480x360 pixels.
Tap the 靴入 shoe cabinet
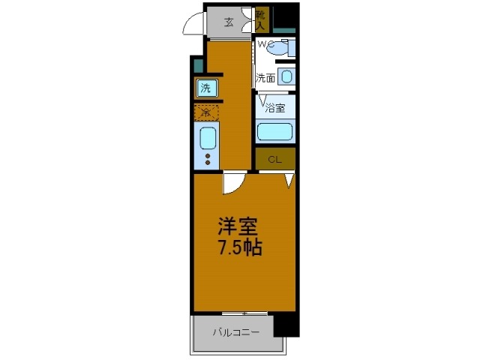click(x=260, y=19)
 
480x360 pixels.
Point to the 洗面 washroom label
click(x=265, y=77)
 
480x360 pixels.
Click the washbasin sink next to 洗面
click(x=286, y=76)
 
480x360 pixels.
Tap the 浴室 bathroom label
click(x=275, y=107)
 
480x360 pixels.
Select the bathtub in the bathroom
click(x=274, y=132)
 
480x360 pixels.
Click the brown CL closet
click(x=274, y=159)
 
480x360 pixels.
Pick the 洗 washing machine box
click(x=205, y=88)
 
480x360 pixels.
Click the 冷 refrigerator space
click(x=206, y=113)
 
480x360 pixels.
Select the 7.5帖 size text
click(x=239, y=248)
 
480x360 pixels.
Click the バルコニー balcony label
click(x=235, y=331)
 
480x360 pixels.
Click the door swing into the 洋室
click(x=233, y=182)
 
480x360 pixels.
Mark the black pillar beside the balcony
click(x=285, y=325)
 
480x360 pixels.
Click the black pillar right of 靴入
click(x=284, y=16)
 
